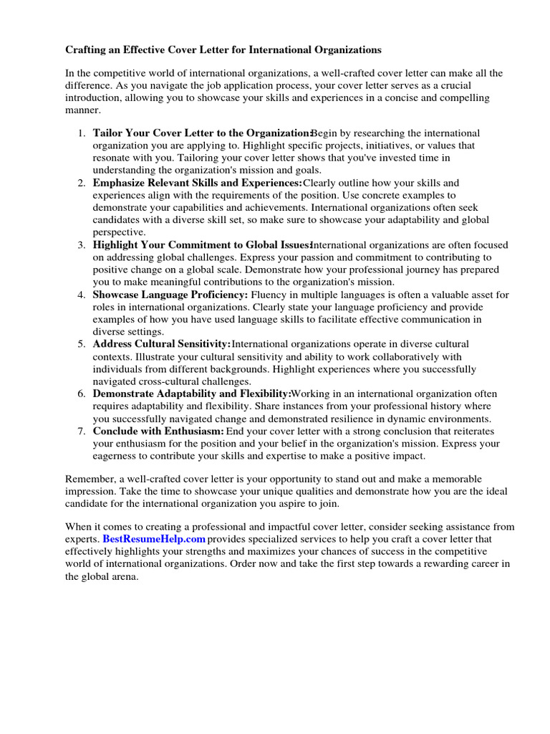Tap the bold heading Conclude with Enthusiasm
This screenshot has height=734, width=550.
pyautogui.click(x=158, y=431)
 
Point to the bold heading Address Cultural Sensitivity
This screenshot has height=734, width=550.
pyautogui.click(x=162, y=344)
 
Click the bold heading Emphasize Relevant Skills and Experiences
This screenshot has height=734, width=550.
pyautogui.click(x=198, y=183)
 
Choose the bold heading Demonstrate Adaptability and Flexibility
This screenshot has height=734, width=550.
pyautogui.click(x=192, y=394)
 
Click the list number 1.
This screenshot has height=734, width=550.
pyautogui.click(x=81, y=134)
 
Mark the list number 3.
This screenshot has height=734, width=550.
pyautogui.click(x=81, y=245)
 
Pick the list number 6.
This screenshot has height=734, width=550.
pyautogui.click(x=81, y=394)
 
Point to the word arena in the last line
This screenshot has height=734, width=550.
pyautogui.click(x=123, y=576)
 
